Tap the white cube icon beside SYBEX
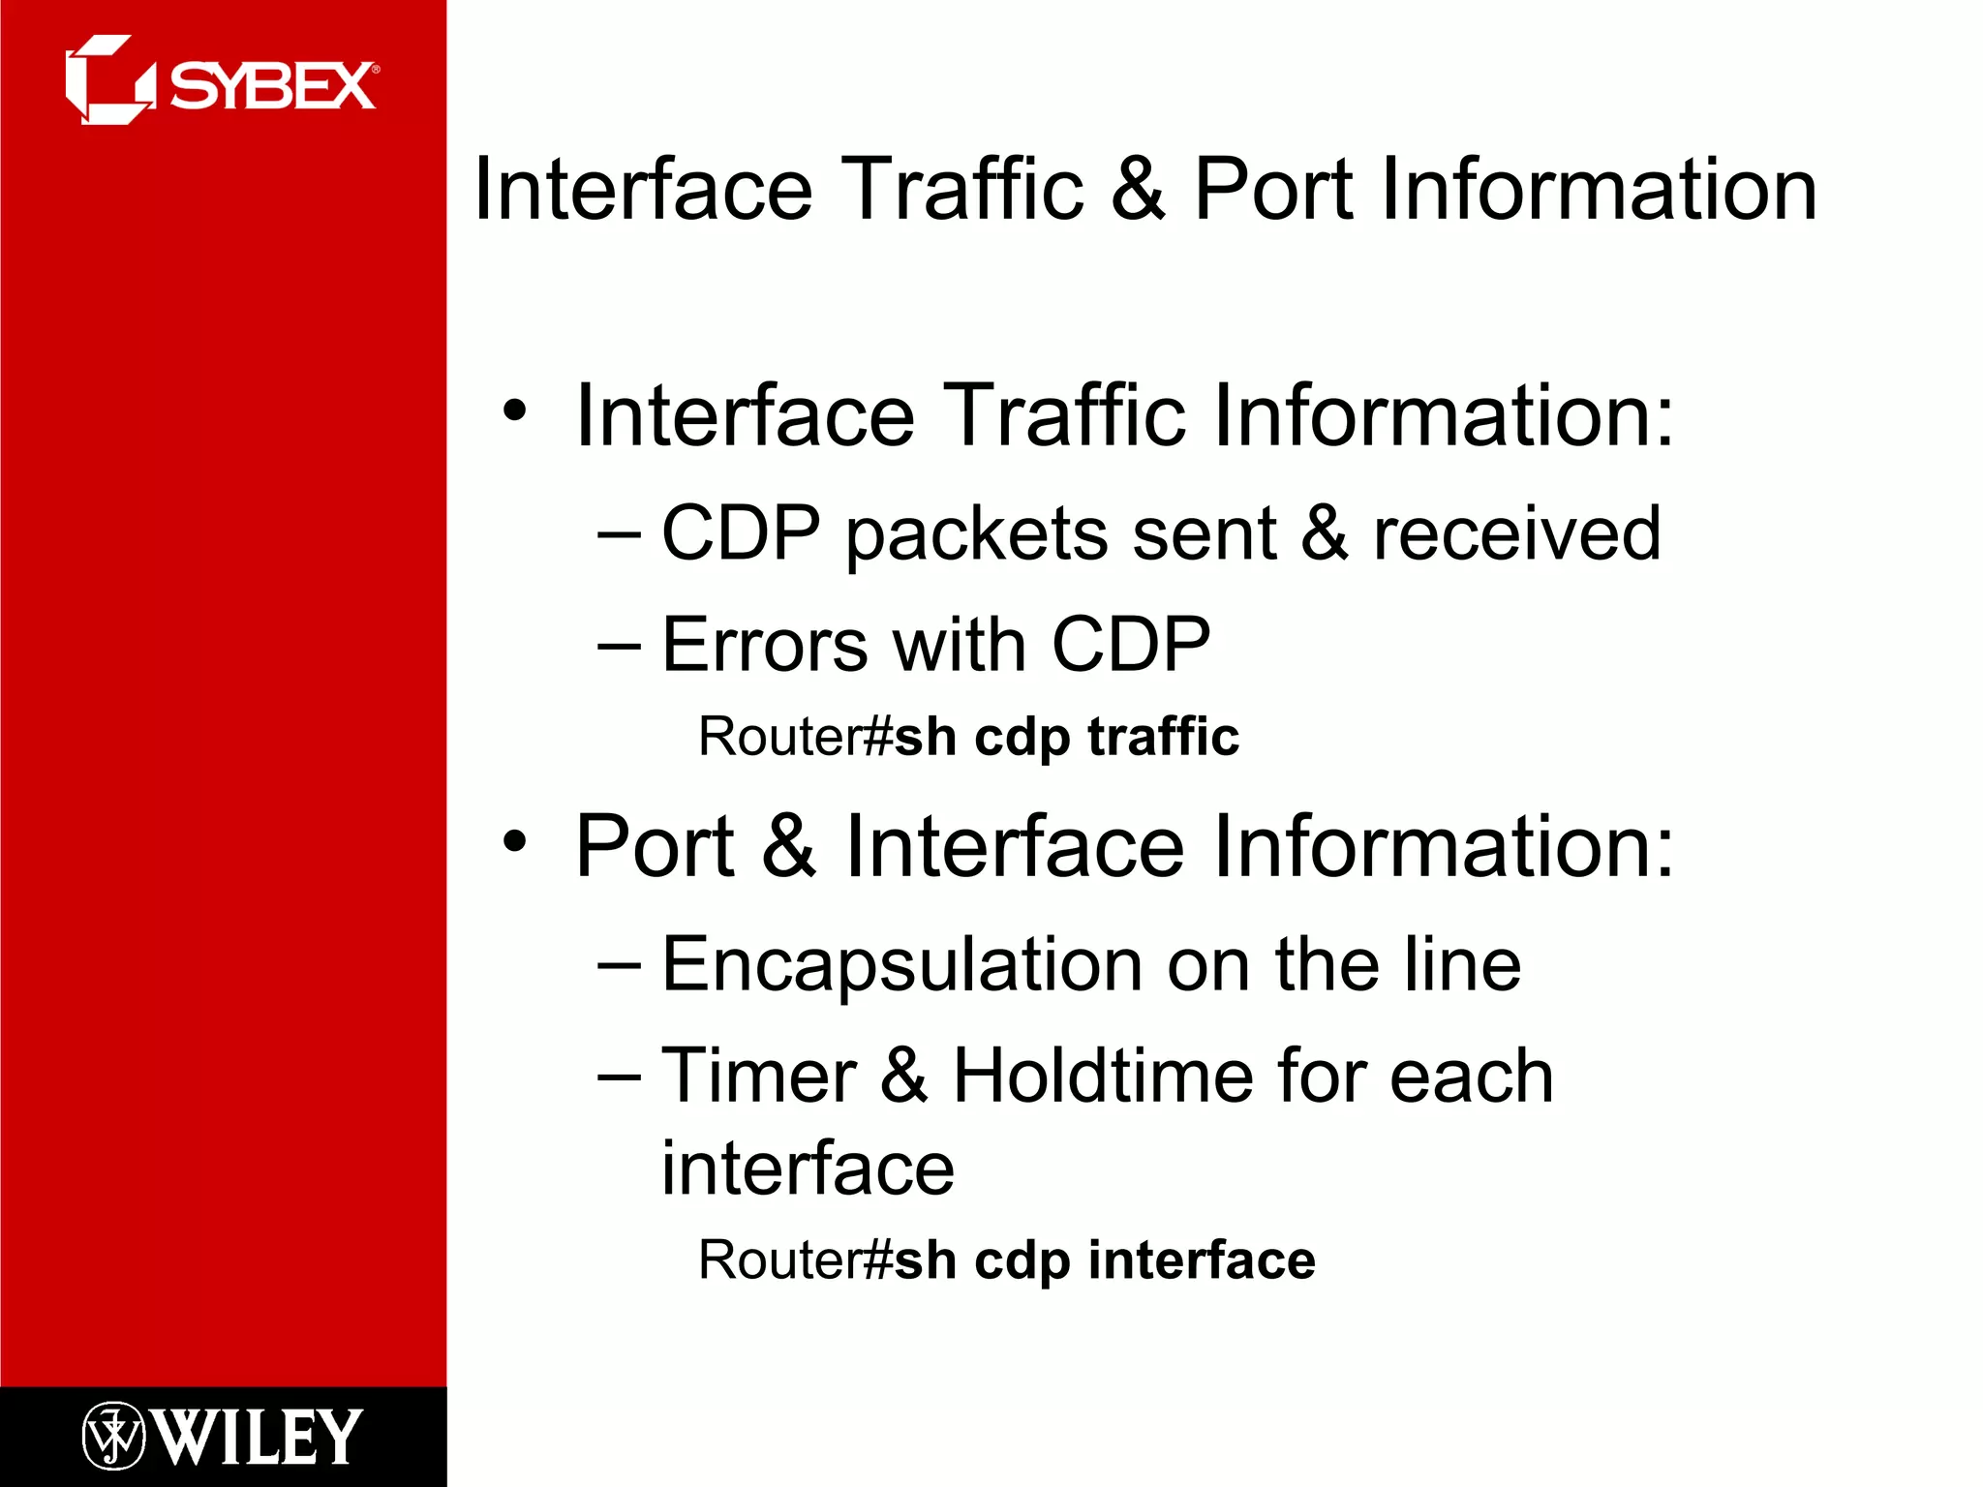point(107,80)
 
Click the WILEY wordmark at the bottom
point(259,1437)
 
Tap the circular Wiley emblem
point(113,1436)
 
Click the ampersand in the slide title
point(1138,189)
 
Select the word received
point(1516,533)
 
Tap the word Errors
point(765,645)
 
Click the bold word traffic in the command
point(1163,737)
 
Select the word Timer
point(759,1076)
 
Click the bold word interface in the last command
point(1202,1260)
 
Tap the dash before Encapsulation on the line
point(620,963)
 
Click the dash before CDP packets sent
point(620,533)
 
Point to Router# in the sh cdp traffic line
point(794,737)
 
